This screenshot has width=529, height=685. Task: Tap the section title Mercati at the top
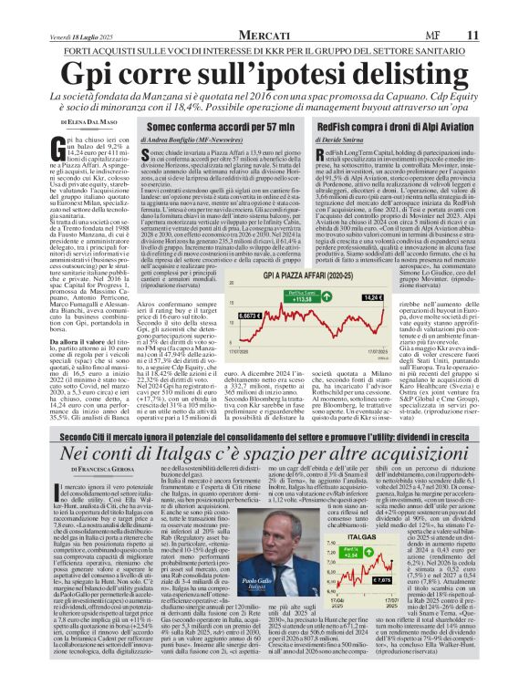point(268,10)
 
